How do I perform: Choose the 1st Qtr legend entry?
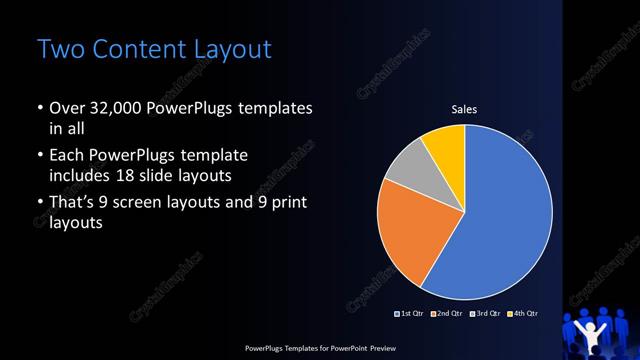coord(411,314)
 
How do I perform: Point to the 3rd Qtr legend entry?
coord(486,314)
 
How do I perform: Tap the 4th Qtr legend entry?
coord(523,314)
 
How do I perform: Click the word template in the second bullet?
coord(212,157)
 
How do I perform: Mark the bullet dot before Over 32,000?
coord(39,108)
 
